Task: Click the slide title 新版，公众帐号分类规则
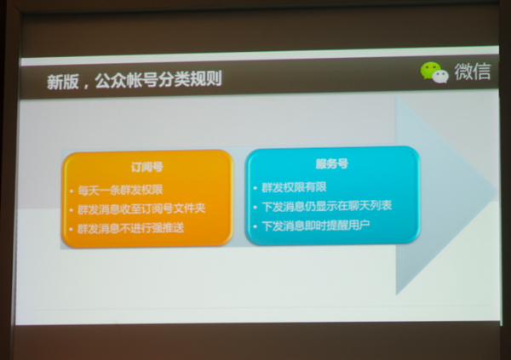pos(135,80)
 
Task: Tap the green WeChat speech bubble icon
pos(429,70)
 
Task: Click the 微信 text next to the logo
pos(473,71)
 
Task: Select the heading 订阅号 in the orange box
pos(147,167)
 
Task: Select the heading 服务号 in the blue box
pos(332,163)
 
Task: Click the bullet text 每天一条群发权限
pos(120,190)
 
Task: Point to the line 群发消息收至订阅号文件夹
pos(141,209)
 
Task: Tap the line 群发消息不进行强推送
pos(130,228)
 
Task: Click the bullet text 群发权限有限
pos(294,187)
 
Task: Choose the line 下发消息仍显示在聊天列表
pos(326,206)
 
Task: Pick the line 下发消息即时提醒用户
pos(315,226)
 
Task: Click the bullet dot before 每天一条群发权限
pos(72,191)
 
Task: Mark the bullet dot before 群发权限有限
pos(255,188)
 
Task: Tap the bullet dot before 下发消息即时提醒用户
pos(255,226)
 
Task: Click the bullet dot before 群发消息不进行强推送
pos(71,229)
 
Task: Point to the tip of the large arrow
pos(497,192)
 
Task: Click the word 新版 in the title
pos(62,82)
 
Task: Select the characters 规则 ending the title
pos(206,78)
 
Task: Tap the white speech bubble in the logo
pos(440,77)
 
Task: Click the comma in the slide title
pos(86,86)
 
